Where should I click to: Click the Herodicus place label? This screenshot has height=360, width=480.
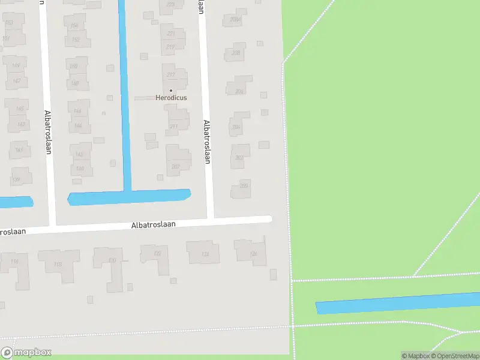pyautogui.click(x=171, y=98)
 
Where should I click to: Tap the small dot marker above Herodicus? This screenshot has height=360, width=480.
pyautogui.click(x=171, y=91)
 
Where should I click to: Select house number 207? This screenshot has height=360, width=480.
pyautogui.click(x=176, y=167)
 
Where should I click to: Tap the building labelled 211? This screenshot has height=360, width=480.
pyautogui.click(x=174, y=127)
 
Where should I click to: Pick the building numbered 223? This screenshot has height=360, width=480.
pyautogui.click(x=170, y=5)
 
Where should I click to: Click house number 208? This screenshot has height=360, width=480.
pyautogui.click(x=236, y=53)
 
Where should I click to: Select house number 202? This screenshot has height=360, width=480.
pyautogui.click(x=239, y=157)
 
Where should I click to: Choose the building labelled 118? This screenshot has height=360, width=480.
pyautogui.click(x=58, y=264)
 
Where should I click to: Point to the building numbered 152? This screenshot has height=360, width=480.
pyautogui.click(x=76, y=40)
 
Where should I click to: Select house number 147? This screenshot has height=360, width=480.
pyautogui.click(x=17, y=81)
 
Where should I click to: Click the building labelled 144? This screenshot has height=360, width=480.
pyautogui.click(x=79, y=126)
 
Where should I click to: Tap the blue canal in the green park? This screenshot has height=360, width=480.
pyautogui.click(x=396, y=303)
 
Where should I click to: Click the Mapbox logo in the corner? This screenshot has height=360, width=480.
pyautogui.click(x=26, y=353)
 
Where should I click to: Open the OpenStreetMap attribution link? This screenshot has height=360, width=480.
pyautogui.click(x=457, y=356)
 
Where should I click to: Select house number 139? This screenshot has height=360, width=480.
pyautogui.click(x=17, y=179)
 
